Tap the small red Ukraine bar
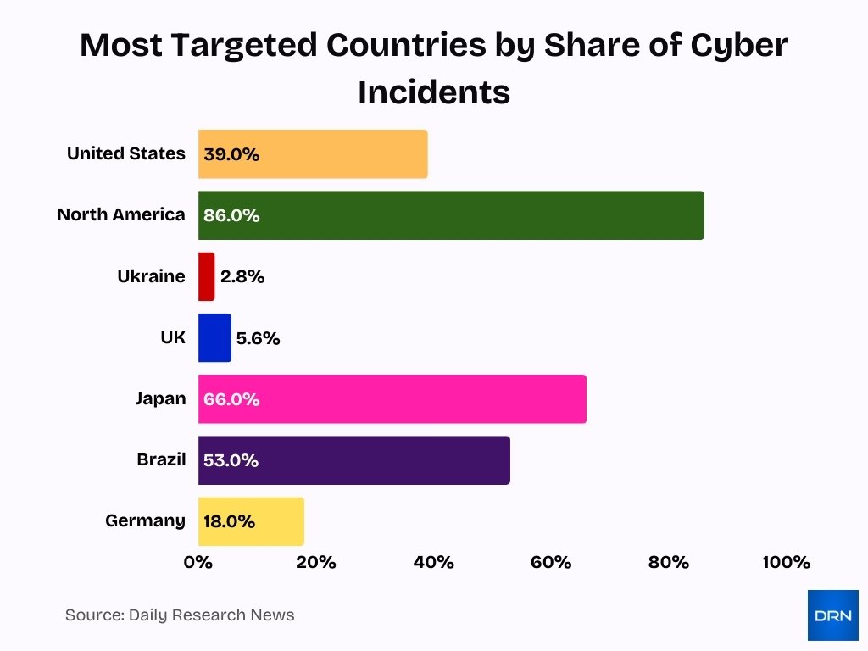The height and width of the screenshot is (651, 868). coord(206,276)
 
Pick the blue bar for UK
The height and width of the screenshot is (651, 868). coord(214,337)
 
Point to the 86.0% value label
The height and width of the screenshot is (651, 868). coord(231,215)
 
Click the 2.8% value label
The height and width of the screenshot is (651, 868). coord(242,276)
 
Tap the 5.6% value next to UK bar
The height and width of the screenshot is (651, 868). coord(258,338)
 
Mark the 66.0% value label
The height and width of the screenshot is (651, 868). coord(231,399)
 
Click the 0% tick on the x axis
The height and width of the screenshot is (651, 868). coord(198,562)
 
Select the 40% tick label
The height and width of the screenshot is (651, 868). coord(434,562)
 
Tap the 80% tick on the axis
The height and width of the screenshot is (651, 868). coord(668,562)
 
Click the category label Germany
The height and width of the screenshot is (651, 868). coord(145,520)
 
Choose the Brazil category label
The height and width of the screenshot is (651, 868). coord(161,459)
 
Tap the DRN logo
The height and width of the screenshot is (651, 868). coord(832,615)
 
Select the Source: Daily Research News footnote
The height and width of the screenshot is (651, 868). coord(180,615)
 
